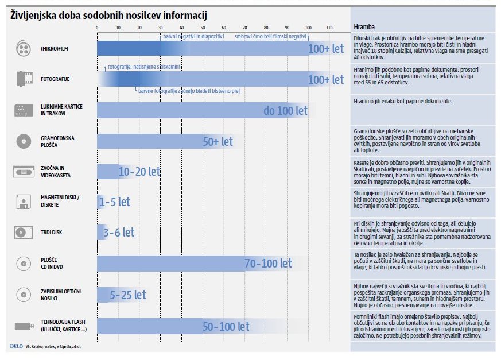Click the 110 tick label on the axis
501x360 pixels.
point(329,28)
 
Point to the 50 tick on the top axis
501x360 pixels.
point(203,28)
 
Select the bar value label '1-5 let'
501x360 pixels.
point(115,202)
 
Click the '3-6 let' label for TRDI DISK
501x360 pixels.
point(119,233)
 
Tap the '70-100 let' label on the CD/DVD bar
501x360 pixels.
point(268,264)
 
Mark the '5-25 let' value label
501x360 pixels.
point(128,295)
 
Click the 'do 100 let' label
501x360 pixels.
point(285,110)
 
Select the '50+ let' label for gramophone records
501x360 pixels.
point(218,141)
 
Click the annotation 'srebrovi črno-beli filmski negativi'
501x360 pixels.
point(270,36)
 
